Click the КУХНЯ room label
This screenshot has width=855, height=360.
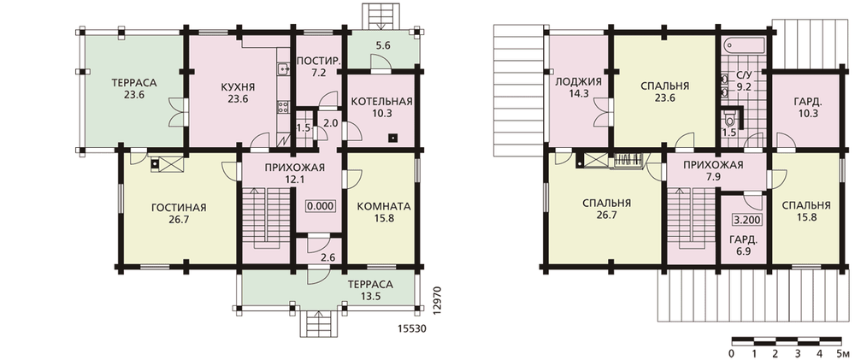point(239,87)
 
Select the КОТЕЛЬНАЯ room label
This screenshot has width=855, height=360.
point(381,102)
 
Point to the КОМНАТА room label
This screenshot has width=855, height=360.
point(383,207)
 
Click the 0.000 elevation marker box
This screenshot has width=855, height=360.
point(320,207)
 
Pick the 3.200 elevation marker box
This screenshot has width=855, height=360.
point(746,221)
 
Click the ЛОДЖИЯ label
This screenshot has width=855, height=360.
point(578,82)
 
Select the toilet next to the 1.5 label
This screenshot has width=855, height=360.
point(729,117)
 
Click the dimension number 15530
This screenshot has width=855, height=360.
point(411,329)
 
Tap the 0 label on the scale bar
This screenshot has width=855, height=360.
point(732,353)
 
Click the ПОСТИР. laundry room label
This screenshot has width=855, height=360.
point(318,61)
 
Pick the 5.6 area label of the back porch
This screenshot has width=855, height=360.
point(383,46)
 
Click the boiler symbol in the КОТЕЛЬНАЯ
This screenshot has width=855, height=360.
point(392,138)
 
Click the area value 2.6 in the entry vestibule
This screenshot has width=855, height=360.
point(328,257)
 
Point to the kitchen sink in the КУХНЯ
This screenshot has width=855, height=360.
point(283,68)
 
